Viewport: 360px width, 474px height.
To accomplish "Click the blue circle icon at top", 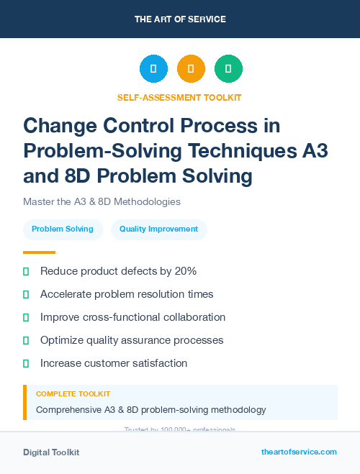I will click(x=153, y=69).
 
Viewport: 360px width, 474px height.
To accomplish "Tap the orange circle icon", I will click(x=191, y=69).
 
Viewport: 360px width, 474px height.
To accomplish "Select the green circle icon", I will click(x=228, y=69).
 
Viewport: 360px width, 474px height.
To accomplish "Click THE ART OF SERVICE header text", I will click(x=180, y=19).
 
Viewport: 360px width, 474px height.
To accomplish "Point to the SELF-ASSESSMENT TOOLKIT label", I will click(x=179, y=97).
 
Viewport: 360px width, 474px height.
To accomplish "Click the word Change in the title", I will click(x=61, y=126).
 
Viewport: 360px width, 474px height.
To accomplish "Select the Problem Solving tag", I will click(x=62, y=229).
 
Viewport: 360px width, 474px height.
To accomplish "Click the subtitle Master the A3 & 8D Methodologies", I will click(x=102, y=201).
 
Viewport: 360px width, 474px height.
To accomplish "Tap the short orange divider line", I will click(x=39, y=252).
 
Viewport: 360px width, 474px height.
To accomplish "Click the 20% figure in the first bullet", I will click(x=184, y=271).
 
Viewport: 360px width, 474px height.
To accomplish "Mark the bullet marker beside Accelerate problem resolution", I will click(x=27, y=294).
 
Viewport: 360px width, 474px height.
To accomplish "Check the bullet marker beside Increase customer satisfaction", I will click(x=27, y=363).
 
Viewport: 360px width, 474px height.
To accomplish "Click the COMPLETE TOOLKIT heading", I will click(x=73, y=394).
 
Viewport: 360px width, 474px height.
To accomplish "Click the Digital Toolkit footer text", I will click(x=51, y=452).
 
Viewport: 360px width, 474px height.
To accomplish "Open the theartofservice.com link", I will click(x=299, y=452).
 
